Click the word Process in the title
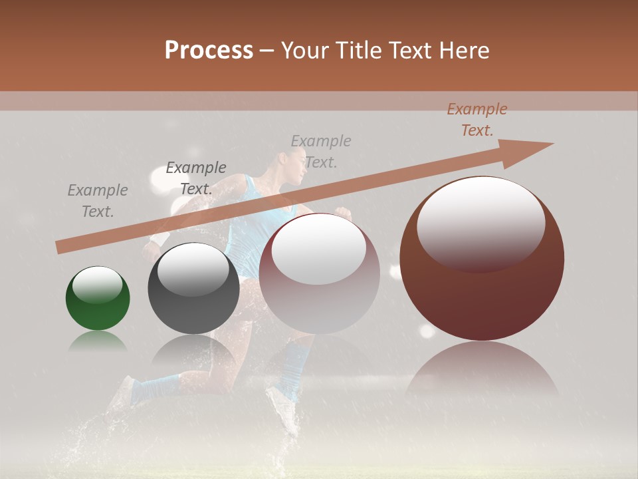(209, 50)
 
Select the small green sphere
(98, 299)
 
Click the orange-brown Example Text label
(477, 120)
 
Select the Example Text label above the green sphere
(98, 201)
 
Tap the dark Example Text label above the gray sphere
(196, 178)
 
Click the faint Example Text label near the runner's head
(321, 152)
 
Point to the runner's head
(293, 163)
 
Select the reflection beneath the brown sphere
(482, 369)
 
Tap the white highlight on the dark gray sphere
(193, 270)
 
